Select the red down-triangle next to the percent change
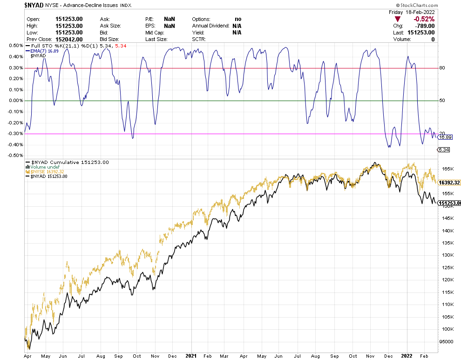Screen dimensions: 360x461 coord(397,19)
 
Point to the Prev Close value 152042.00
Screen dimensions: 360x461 coord(69,39)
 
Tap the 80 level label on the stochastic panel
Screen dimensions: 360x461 coord(442,68)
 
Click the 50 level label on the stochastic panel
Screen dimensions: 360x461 coord(442,101)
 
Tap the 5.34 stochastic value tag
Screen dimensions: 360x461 coord(443,149)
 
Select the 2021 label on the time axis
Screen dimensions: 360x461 coord(191,356)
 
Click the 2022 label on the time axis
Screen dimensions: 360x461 coord(407,356)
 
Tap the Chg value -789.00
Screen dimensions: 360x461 coord(424,26)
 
